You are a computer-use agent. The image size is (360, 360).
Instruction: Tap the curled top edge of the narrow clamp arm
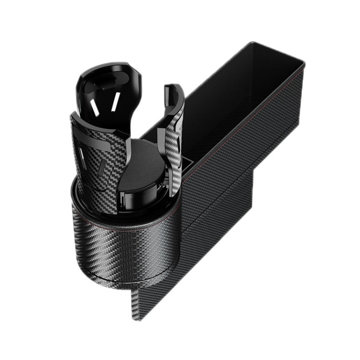click(x=170, y=89)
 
